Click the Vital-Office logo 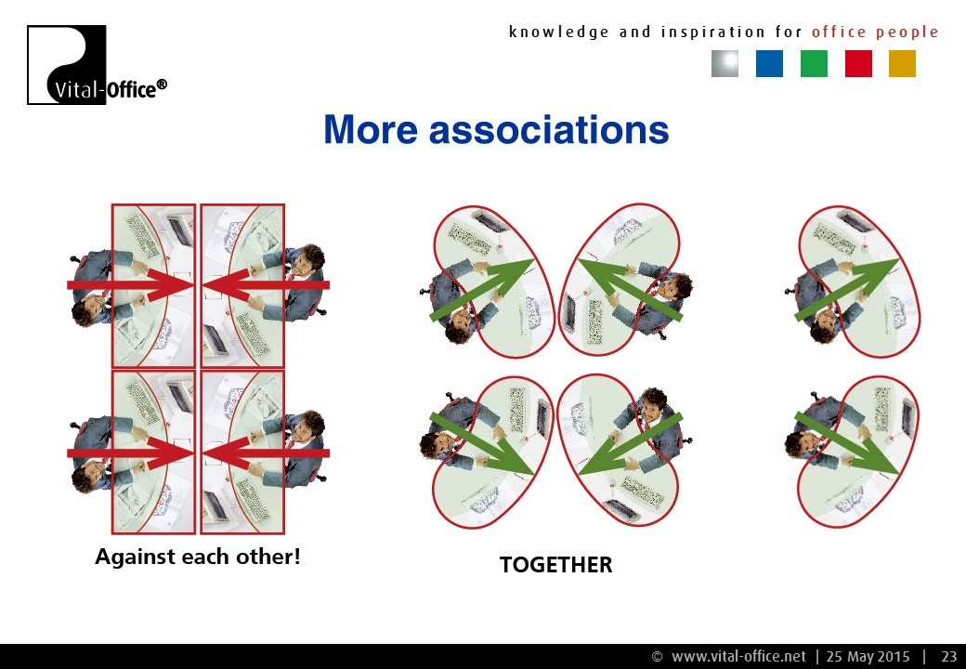[97, 65]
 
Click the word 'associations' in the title [549, 130]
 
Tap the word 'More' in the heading [371, 130]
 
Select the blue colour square [769, 63]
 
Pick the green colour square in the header [814, 63]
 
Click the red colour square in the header [858, 63]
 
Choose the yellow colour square [902, 63]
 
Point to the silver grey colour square [725, 63]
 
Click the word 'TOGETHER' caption [555, 565]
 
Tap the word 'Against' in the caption [135, 557]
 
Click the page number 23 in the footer [948, 657]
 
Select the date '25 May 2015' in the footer [868, 657]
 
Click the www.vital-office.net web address [738, 657]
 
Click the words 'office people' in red [875, 32]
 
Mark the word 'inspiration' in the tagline [712, 32]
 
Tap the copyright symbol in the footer [658, 657]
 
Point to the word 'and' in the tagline [635, 32]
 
